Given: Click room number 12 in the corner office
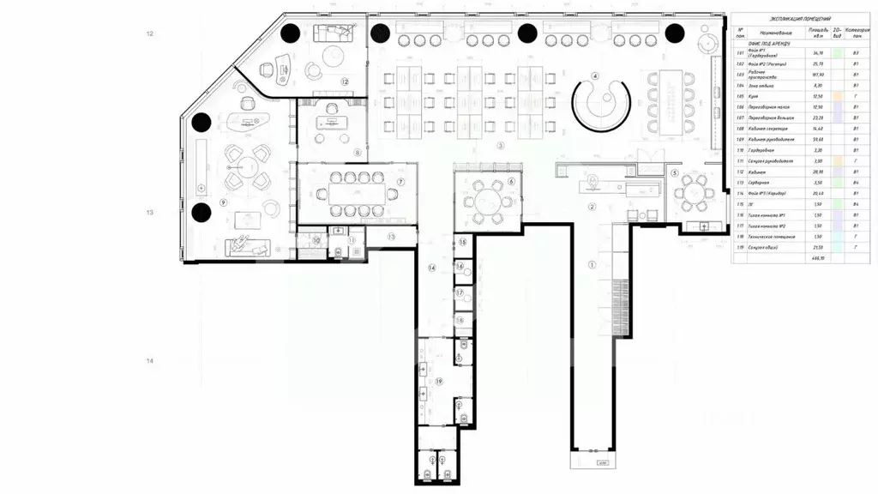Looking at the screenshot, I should pyautogui.click(x=344, y=81).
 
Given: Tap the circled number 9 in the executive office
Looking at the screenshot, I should pyautogui.click(x=222, y=202).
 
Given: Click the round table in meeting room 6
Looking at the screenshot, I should pyautogui.click(x=485, y=203).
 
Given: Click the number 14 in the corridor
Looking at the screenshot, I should pyautogui.click(x=433, y=268).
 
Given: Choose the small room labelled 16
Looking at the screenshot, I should pyautogui.click(x=460, y=267).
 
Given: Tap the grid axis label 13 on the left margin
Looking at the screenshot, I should pyautogui.click(x=150, y=212).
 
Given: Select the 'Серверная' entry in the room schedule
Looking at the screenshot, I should pyautogui.click(x=761, y=183).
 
